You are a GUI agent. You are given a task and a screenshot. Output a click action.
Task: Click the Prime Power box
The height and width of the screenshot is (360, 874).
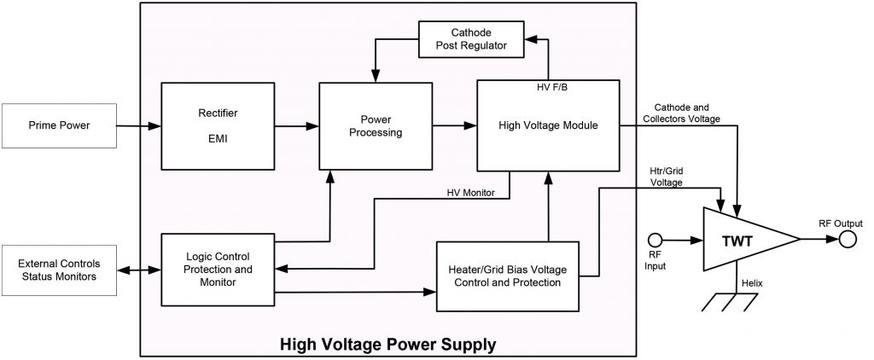click(57, 126)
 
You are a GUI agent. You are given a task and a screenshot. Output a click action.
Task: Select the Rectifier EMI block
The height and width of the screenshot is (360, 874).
click(212, 125)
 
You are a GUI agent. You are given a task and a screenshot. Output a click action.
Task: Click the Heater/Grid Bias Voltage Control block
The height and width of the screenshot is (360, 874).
click(508, 276)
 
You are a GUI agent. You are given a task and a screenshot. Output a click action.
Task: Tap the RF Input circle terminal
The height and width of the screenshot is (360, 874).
click(655, 241)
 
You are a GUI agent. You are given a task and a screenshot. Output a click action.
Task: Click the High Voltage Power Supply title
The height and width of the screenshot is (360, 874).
click(388, 345)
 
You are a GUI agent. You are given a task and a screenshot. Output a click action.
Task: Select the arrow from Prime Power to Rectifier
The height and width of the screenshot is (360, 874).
click(137, 126)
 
